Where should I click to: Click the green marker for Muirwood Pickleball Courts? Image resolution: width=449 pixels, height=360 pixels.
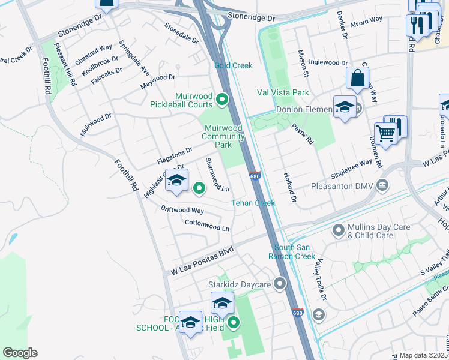coord(222,100)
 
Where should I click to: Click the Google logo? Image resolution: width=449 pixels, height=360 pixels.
coord(20,352)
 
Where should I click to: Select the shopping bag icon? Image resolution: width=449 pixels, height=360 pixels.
coord(357,78)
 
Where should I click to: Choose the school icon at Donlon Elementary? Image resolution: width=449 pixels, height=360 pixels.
coord(345,107)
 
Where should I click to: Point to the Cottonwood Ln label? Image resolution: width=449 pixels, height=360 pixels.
coord(207,225)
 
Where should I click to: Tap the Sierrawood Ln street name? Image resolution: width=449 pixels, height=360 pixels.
coord(217,175)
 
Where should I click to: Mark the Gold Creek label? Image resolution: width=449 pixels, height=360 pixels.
coord(234,65)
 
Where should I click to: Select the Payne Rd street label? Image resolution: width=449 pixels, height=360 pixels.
coord(303,134)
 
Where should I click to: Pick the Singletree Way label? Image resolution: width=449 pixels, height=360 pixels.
coord(351,169)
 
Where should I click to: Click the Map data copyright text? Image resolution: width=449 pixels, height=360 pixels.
coord(424,355)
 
